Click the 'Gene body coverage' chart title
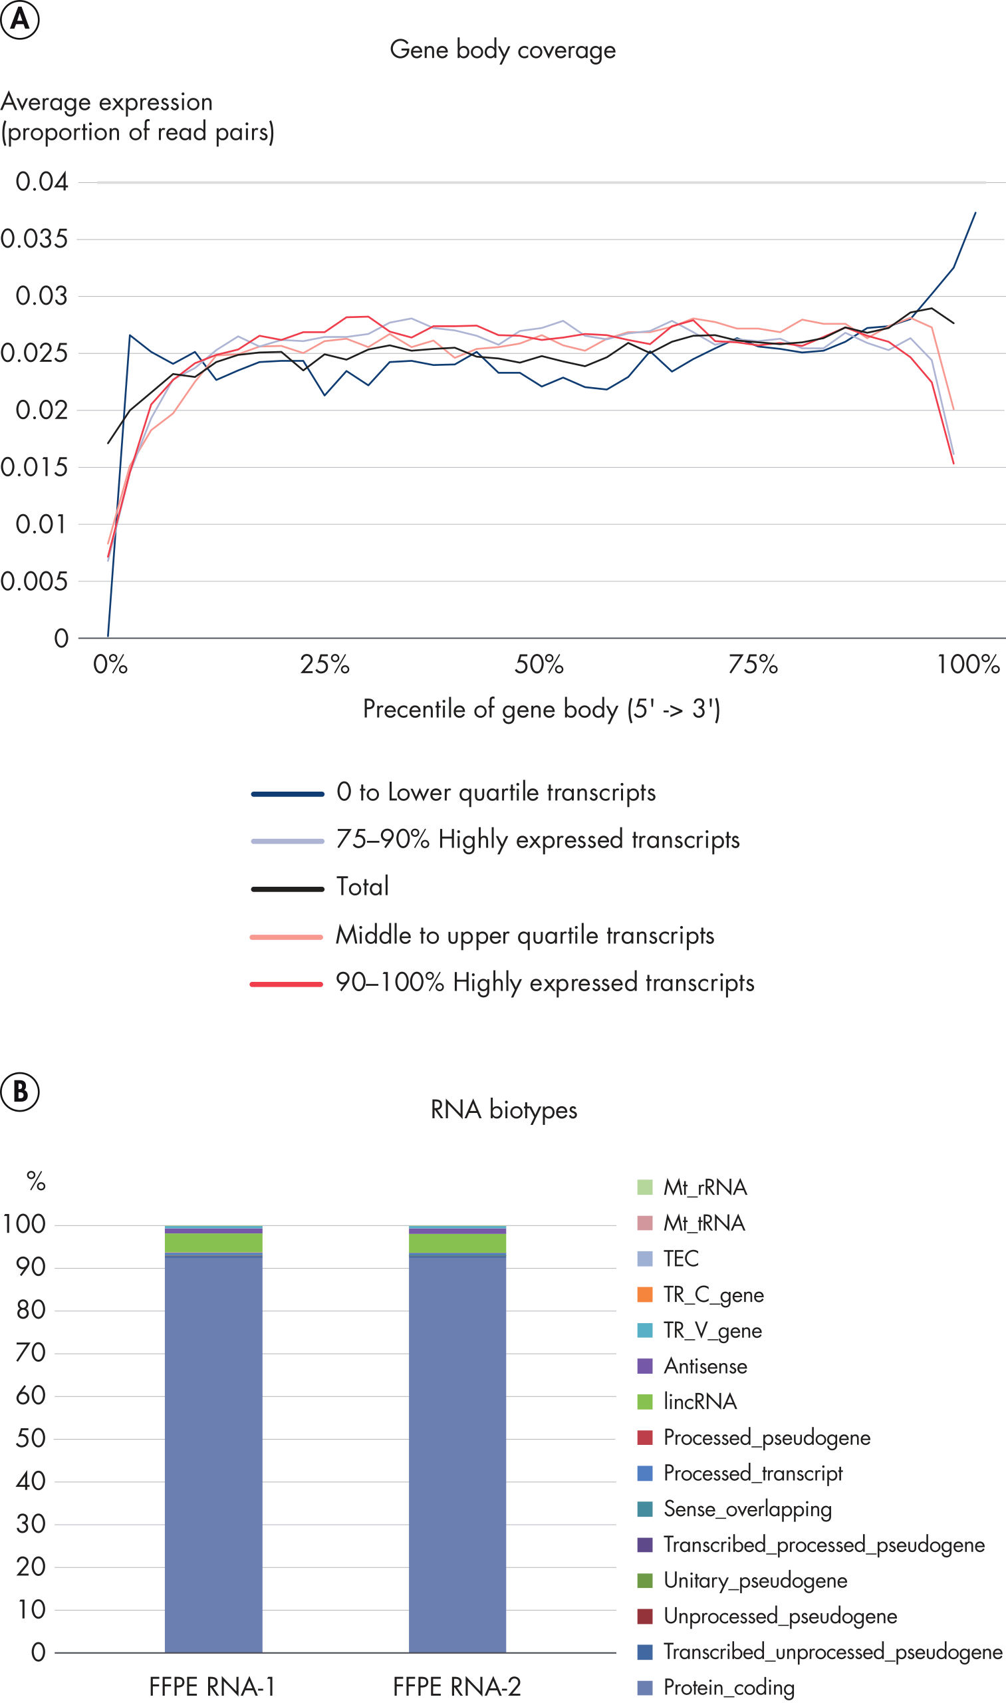point(502,50)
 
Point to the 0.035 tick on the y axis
point(34,239)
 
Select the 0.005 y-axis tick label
point(34,581)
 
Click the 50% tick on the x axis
point(539,665)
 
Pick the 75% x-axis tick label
point(753,665)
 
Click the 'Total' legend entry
point(362,887)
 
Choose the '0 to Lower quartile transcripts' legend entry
point(495,793)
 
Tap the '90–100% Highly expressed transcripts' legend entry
point(545,983)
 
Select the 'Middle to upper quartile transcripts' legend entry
point(525,936)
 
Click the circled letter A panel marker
point(20,19)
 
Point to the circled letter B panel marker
point(20,1091)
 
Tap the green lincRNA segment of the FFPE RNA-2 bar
point(457,1243)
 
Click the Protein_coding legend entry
point(728,1687)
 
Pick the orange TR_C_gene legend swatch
point(645,1294)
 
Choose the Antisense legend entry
point(705,1366)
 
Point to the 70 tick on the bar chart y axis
point(31,1353)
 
